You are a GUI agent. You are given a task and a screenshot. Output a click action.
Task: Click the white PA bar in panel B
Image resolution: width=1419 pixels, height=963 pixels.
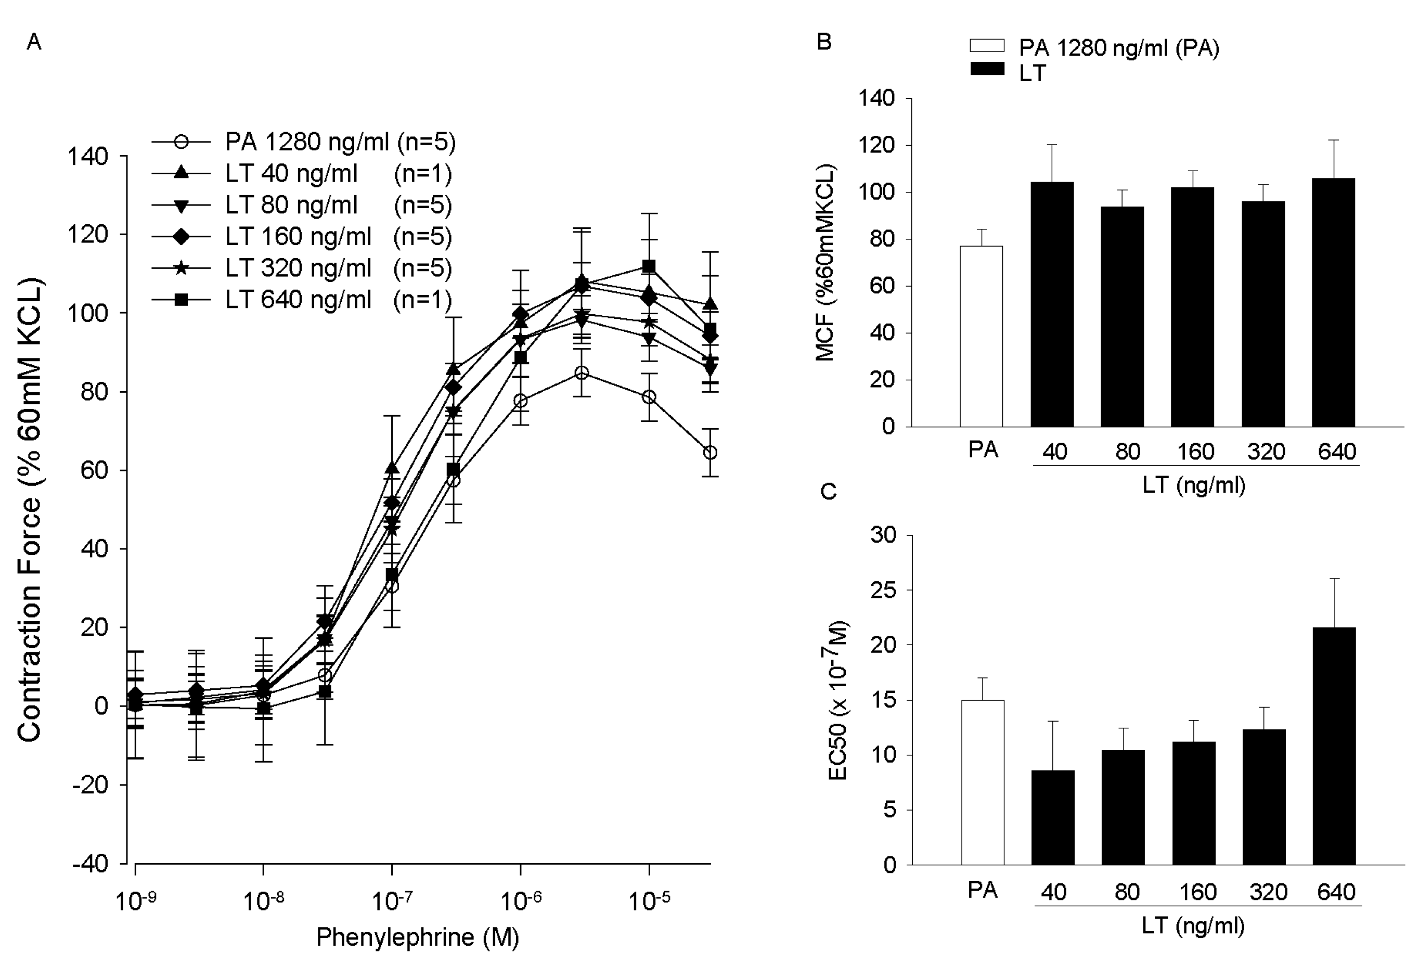pos(981,336)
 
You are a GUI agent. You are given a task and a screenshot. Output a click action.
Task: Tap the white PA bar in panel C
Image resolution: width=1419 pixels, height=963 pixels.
pos(983,781)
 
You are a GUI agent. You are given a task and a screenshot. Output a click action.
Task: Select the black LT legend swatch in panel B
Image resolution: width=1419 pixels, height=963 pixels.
pos(987,69)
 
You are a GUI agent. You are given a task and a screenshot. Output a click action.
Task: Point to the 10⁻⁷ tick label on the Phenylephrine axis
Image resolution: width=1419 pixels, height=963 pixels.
pos(391,900)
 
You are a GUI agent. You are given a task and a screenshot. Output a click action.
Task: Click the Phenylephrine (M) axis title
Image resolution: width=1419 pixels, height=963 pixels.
pos(417,936)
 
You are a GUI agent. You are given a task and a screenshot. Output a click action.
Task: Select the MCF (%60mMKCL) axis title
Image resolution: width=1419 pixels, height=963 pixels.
pos(825,263)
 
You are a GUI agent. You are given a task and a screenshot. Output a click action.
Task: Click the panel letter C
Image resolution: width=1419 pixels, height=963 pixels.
pos(828,491)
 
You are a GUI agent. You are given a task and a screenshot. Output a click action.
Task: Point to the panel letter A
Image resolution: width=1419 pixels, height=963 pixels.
pos(34,42)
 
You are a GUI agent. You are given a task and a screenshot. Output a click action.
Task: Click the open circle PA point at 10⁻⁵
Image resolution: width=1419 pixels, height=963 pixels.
pos(649,397)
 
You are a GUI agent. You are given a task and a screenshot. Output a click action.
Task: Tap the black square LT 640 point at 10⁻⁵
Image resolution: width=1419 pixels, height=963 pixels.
pos(649,266)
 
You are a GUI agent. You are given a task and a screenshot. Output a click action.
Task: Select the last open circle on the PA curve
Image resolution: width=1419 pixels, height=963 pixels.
pos(709,453)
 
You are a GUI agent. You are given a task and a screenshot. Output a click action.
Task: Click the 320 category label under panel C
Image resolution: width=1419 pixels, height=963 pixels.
pos(1268,892)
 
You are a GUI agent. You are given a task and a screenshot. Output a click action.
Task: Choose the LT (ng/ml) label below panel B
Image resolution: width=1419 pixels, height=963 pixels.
pos(1193,485)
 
